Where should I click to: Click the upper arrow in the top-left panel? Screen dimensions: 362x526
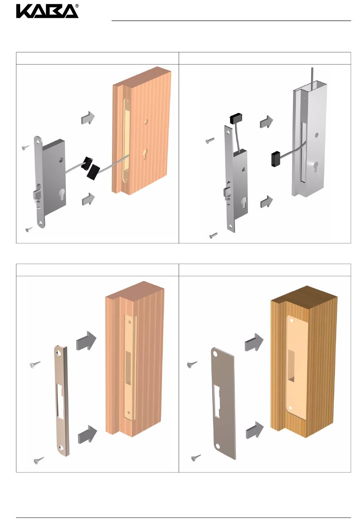click(x=88, y=118)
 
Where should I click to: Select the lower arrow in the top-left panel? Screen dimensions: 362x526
click(x=88, y=199)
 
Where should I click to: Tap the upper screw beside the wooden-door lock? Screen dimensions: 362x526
click(x=26, y=147)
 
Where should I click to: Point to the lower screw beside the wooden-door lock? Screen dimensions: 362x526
click(x=29, y=229)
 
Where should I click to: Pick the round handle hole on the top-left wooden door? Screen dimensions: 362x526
click(x=146, y=122)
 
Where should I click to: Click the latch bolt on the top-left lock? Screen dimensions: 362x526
click(x=38, y=194)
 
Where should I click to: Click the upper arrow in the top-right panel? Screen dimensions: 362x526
click(x=266, y=122)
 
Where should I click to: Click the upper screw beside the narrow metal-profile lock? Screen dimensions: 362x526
click(x=210, y=140)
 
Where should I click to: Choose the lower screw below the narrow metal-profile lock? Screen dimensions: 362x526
click(x=213, y=235)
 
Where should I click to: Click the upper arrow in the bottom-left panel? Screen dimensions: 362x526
click(x=86, y=341)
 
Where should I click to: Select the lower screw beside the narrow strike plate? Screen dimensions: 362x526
click(x=39, y=460)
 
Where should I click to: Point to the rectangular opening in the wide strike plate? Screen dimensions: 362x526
click(x=216, y=401)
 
